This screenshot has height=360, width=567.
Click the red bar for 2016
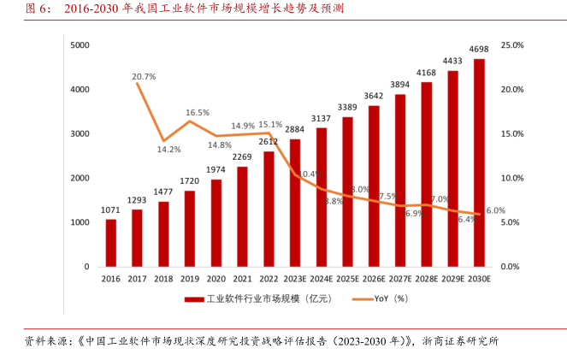pos(110,243)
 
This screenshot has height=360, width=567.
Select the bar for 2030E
pos(479,162)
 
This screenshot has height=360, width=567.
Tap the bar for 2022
pos(269,209)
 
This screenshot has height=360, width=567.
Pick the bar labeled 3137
pos(322,197)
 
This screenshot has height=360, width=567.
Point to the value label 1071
pos(110,210)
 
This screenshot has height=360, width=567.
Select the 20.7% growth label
pos(145,77)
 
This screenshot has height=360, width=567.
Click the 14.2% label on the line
pos(168,150)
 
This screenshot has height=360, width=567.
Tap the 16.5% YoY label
pos(198,112)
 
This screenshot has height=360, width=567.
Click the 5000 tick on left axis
pos(81,44)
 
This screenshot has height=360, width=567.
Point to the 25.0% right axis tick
pos(512,44)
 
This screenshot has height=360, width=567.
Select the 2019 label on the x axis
pos(190,279)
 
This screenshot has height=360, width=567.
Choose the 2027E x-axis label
pos(400,279)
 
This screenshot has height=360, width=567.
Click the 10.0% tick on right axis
pos(512,178)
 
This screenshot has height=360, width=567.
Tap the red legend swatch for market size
pos(192,299)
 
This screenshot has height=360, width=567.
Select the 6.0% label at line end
pos(495,210)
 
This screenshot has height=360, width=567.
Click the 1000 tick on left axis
pos(81,222)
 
